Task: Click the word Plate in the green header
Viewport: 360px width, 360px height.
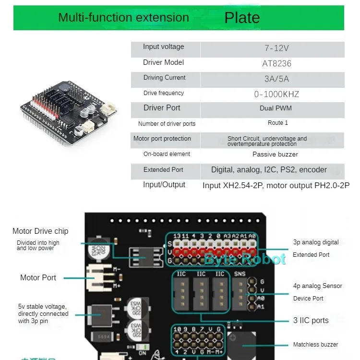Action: click(x=242, y=18)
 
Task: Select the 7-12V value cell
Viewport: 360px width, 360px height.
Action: click(x=276, y=48)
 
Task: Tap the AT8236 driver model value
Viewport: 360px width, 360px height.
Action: click(x=276, y=63)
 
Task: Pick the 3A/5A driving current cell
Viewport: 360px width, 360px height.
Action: click(x=276, y=79)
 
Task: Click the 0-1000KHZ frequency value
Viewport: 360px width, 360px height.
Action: click(x=276, y=94)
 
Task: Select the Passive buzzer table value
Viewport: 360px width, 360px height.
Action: click(x=275, y=155)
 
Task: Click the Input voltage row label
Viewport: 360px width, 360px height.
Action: click(x=163, y=47)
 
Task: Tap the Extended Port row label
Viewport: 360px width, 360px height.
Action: click(x=163, y=170)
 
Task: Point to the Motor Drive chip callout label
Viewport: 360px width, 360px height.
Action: click(x=40, y=231)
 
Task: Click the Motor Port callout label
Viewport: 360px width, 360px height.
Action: click(x=38, y=277)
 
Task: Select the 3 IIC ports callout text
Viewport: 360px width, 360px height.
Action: click(x=311, y=320)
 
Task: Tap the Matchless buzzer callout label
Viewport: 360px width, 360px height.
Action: click(x=315, y=345)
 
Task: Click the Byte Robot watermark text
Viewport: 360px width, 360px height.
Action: click(x=245, y=259)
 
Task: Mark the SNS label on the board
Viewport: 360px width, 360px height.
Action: click(x=240, y=274)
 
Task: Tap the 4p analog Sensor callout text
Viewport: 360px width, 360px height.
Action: click(x=318, y=286)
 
